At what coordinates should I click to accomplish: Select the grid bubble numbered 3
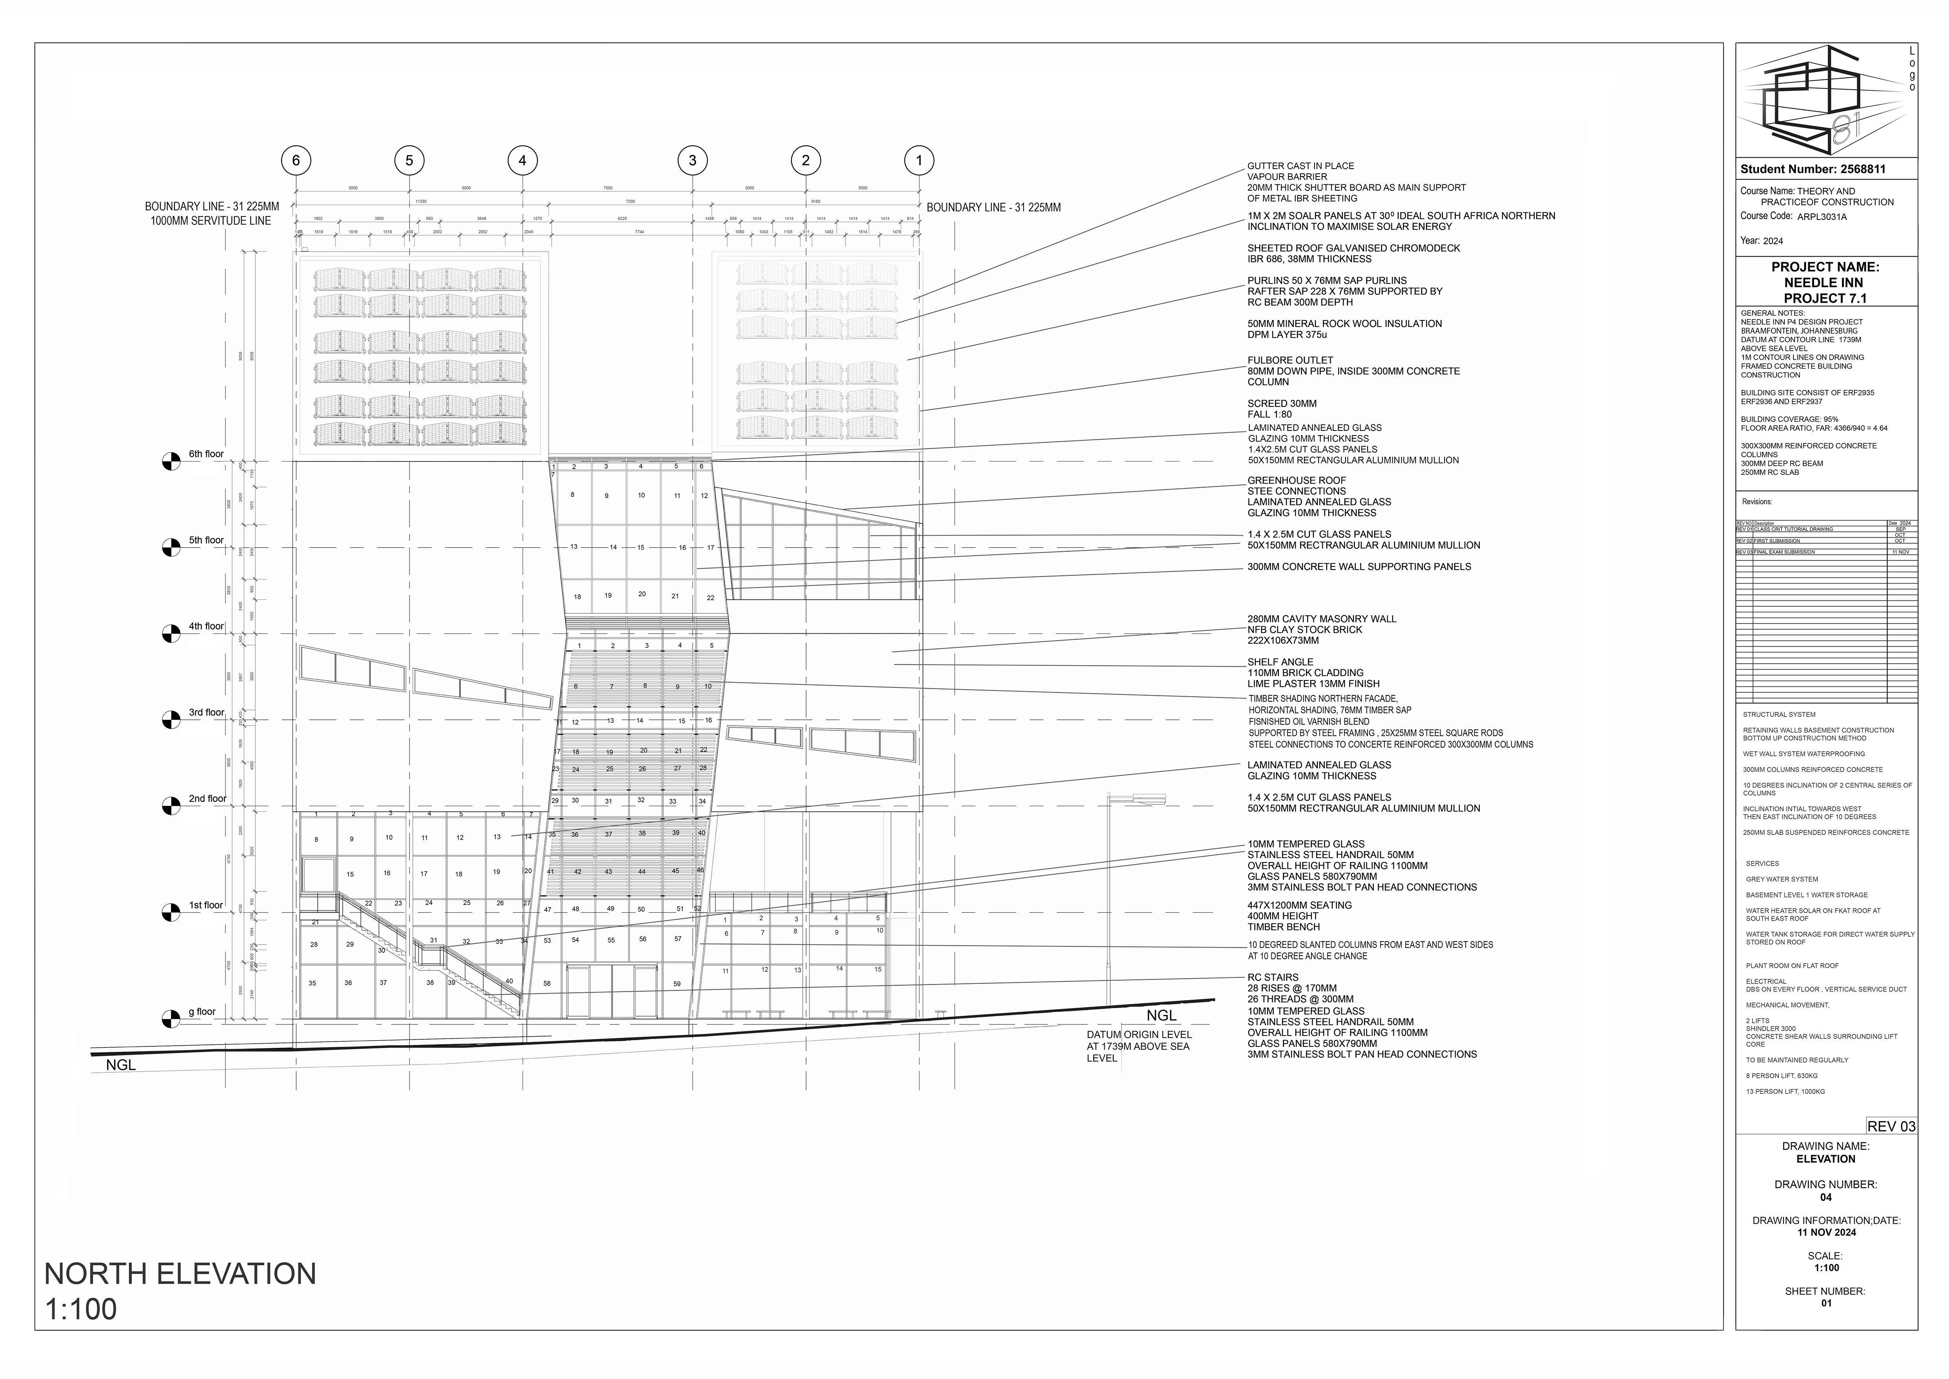click(x=693, y=160)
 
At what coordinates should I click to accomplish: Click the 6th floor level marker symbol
click(x=171, y=461)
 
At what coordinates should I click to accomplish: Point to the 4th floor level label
click(x=206, y=627)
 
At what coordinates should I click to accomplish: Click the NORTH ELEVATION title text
click(x=180, y=1274)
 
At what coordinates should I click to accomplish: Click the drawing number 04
click(x=1826, y=1197)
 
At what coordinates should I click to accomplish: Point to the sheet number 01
click(x=1826, y=1303)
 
